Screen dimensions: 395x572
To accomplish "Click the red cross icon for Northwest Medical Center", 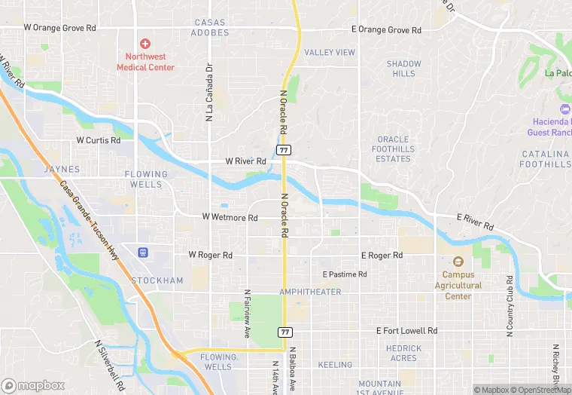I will (145, 43).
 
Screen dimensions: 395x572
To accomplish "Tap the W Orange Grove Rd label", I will (60, 28).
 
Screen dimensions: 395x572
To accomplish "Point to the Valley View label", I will (330, 52).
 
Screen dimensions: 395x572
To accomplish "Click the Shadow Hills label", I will (403, 69).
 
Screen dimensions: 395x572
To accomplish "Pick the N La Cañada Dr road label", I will (208, 92).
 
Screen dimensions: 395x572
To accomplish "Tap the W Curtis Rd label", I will (98, 140).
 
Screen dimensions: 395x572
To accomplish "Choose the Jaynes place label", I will (62, 169).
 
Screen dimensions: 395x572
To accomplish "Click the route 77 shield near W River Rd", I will (284, 150).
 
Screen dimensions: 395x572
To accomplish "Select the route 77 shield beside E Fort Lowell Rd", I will (284, 332).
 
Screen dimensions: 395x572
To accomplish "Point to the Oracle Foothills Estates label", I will (393, 149).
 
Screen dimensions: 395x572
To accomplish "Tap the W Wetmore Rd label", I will (230, 217).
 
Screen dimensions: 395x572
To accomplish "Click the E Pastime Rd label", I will (344, 274).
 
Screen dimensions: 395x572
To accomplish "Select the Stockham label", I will (157, 280).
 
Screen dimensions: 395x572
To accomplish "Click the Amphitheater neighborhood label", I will (310, 292).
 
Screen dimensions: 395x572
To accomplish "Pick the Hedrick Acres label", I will (403, 353).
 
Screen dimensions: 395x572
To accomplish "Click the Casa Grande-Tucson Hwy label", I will (90, 226).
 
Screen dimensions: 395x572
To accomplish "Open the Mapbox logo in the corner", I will (34, 385).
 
